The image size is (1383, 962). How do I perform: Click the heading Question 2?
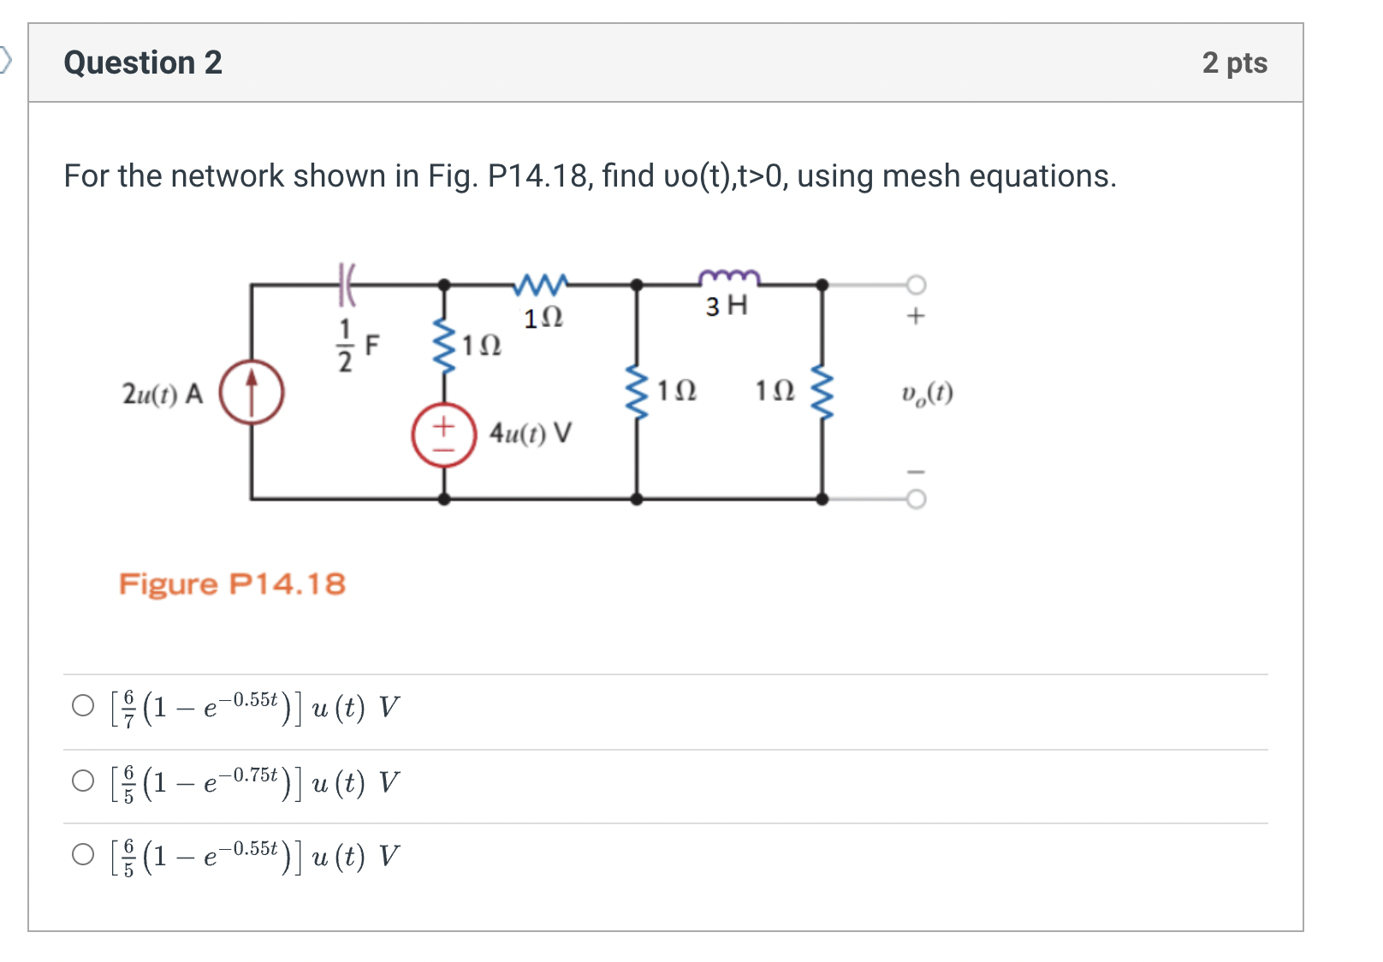click(143, 62)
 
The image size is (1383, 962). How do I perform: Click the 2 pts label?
click(1234, 62)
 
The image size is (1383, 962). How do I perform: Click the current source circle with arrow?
click(252, 393)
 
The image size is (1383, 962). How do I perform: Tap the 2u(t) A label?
click(163, 394)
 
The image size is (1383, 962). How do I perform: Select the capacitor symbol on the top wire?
click(346, 284)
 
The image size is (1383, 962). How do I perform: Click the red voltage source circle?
click(443, 435)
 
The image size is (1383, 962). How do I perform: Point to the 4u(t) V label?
click(530, 433)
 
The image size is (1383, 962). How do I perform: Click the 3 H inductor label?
click(726, 306)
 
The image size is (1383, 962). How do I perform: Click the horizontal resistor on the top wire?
click(541, 283)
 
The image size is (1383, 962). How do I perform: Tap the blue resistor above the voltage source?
click(443, 346)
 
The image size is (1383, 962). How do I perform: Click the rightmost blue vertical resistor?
click(822, 393)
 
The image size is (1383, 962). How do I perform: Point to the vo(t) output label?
click(927, 393)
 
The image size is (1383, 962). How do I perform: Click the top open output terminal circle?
click(916, 284)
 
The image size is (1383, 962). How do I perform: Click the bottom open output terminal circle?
click(916, 499)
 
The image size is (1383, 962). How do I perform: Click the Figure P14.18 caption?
click(232, 585)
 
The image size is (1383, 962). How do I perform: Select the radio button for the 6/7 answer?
click(83, 706)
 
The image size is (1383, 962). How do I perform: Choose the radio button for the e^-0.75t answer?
click(83, 781)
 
